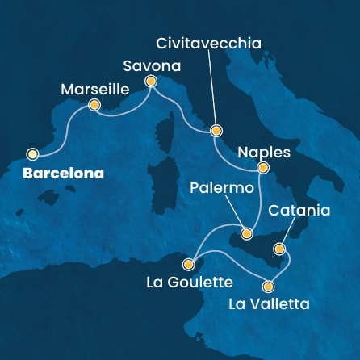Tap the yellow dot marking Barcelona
(x=32, y=153)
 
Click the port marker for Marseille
(x=94, y=105)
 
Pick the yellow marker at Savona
(x=150, y=81)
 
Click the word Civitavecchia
(x=210, y=44)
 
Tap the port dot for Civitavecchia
(x=216, y=130)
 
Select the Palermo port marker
(x=247, y=233)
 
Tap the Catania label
(x=299, y=211)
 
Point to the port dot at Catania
(x=280, y=248)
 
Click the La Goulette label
(x=190, y=283)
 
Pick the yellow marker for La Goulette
(x=188, y=263)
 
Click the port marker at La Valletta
(x=269, y=286)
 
